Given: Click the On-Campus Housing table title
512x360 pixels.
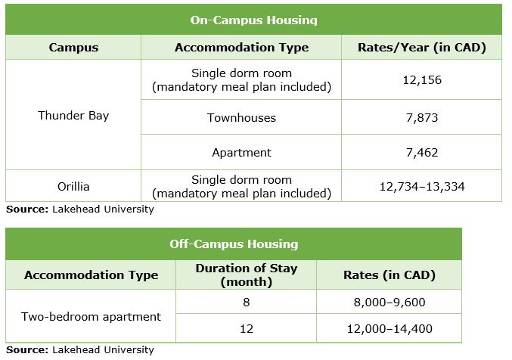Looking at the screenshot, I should pos(253,20).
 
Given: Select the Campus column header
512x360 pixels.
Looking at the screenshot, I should pos(73,48).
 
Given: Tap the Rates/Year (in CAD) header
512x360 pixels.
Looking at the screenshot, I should pos(421,48).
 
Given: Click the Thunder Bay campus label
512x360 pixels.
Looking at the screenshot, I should pos(73,116).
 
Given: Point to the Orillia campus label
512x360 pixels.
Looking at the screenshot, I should pos(73,186).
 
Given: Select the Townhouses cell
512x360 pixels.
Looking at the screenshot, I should pos(241,117).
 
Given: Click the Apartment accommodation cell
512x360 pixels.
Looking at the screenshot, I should pos(241,152).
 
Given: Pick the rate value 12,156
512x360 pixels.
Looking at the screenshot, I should pos(421,79).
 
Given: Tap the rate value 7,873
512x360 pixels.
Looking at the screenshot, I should pos(421,117).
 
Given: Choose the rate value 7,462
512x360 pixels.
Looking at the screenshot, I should pos(421,152).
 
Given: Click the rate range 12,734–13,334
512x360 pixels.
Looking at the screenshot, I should pos(421,186).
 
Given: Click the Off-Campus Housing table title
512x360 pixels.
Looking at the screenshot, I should pos(233,244).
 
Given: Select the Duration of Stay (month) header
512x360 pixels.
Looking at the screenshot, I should pos(246,275).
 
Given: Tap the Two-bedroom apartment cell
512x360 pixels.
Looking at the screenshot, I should pos(91,316).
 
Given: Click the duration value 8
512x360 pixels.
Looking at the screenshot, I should pos(246,301).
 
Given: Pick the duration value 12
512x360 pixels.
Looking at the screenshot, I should pos(246,329).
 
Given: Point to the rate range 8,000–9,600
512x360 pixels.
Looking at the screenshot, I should pos(389,301).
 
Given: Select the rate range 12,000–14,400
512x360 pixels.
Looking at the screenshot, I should pos(389,329).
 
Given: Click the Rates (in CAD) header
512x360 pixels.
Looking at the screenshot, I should pos(389,275).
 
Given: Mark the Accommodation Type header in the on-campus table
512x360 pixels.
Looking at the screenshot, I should pos(241,48).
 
